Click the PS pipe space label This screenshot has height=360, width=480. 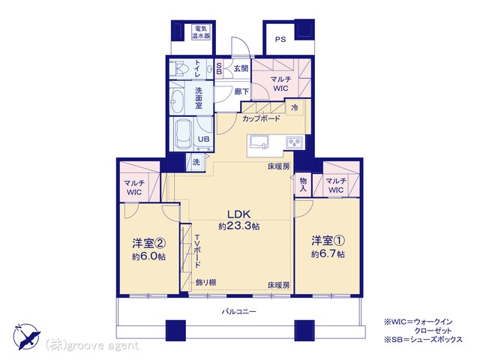(x=280, y=40)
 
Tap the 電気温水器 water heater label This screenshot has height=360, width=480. (x=201, y=32)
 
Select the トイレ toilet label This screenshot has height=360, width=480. (x=198, y=68)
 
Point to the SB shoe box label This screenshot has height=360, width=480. (x=219, y=68)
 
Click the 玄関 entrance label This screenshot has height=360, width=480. (x=241, y=68)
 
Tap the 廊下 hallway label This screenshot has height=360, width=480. (x=241, y=91)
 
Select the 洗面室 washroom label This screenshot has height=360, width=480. (x=199, y=98)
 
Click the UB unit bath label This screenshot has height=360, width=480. (x=203, y=139)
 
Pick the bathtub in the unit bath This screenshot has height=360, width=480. (x=183, y=134)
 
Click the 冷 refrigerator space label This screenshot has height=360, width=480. (x=295, y=107)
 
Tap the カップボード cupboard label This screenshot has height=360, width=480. (x=261, y=118)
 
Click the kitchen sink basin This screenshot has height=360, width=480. (x=259, y=142)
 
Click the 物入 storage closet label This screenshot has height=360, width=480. (x=303, y=184)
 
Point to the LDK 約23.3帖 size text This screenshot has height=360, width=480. (x=239, y=220)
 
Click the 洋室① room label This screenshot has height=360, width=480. (x=328, y=241)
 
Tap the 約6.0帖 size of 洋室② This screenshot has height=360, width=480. (x=148, y=256)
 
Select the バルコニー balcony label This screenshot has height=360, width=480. (x=239, y=312)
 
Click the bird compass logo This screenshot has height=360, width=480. (x=27, y=337)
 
